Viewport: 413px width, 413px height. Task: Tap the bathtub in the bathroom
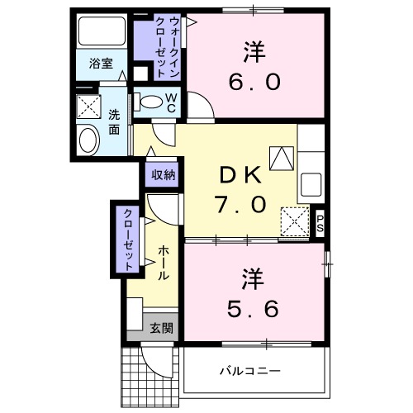click(102, 34)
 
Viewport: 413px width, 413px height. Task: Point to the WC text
click(171, 102)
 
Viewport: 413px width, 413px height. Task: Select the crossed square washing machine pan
click(88, 107)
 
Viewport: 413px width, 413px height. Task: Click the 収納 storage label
click(163, 174)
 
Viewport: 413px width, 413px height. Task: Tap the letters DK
click(240, 175)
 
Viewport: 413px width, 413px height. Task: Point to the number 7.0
click(240, 203)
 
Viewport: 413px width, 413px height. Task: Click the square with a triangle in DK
click(282, 157)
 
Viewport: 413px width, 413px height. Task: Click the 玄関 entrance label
click(161, 328)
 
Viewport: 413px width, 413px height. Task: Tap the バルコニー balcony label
click(249, 371)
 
